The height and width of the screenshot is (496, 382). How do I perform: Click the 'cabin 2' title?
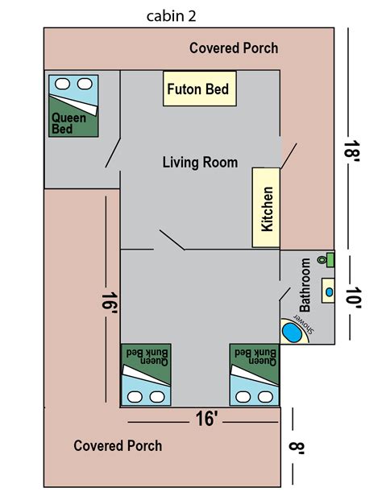[x=171, y=16]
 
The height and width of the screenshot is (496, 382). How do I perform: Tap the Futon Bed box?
[x=199, y=89]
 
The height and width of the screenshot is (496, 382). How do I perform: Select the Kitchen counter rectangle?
[x=266, y=208]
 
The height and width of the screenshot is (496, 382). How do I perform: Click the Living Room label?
[x=200, y=163]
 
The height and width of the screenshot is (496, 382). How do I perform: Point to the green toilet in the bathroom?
[x=326, y=260]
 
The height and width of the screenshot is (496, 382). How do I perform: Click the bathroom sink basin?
[x=329, y=292]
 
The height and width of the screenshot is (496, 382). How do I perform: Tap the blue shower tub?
[x=292, y=332]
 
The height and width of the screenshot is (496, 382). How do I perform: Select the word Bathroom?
[x=305, y=285]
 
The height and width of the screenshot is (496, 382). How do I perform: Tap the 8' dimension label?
[x=297, y=448]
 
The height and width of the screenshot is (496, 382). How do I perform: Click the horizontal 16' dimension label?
[x=207, y=419]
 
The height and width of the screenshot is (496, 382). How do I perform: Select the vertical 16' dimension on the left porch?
[x=110, y=303]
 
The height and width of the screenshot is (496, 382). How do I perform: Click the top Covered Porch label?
[x=234, y=48]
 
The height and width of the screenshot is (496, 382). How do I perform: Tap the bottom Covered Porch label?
[x=118, y=446]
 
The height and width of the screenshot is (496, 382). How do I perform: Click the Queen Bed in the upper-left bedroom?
[x=73, y=106]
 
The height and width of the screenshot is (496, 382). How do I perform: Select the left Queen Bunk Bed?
[x=146, y=374]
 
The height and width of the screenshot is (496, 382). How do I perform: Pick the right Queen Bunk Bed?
[x=255, y=374]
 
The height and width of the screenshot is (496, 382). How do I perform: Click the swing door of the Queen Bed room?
[x=113, y=153]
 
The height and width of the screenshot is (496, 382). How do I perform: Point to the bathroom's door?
[x=284, y=294]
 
